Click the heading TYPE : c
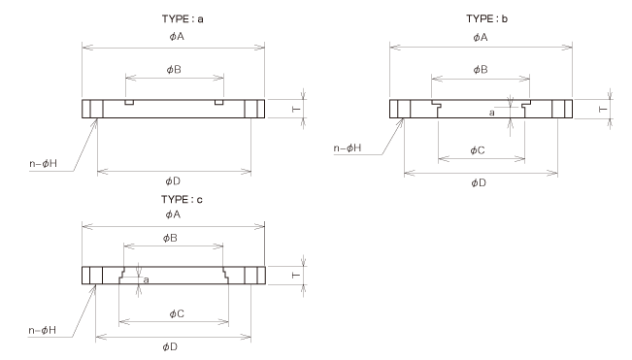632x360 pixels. (x=174, y=199)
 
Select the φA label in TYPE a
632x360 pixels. (x=175, y=37)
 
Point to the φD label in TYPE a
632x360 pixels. (x=175, y=180)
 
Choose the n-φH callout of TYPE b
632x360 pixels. (x=348, y=148)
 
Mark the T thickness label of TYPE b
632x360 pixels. (x=602, y=109)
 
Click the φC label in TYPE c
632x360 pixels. (x=175, y=313)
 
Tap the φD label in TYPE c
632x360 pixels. (x=175, y=345)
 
